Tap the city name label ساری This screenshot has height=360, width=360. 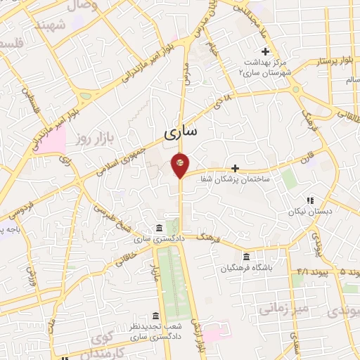[x=181, y=131]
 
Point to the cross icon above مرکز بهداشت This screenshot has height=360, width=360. [x=265, y=51]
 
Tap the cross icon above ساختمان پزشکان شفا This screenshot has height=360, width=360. [x=235, y=168]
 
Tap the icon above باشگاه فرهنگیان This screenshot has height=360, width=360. [x=245, y=257]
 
